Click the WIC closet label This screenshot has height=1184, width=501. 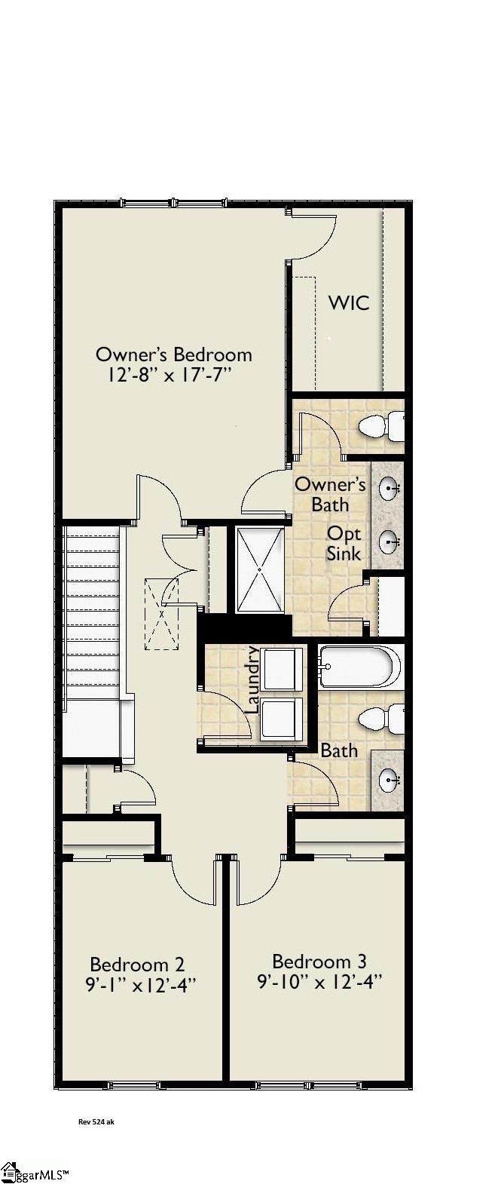click(x=348, y=303)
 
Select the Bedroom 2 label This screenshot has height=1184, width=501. click(x=137, y=964)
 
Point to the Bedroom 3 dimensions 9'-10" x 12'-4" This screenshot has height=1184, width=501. click(x=319, y=981)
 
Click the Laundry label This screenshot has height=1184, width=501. click(x=253, y=679)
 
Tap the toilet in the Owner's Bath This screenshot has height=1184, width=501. click(x=381, y=425)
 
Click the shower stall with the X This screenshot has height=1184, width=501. click(x=260, y=570)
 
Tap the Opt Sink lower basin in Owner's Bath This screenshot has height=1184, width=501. click(x=389, y=541)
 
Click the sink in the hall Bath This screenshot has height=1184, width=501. click(x=389, y=779)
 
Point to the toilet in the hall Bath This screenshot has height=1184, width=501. click(x=381, y=719)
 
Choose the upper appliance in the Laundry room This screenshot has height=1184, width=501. click(x=283, y=669)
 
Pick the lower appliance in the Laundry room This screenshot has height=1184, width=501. click(x=283, y=719)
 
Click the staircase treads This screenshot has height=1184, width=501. click(x=93, y=613)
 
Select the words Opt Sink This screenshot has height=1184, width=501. click(x=344, y=544)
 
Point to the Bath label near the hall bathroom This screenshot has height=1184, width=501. click(x=339, y=750)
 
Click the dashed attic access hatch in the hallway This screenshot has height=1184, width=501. click(x=161, y=613)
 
